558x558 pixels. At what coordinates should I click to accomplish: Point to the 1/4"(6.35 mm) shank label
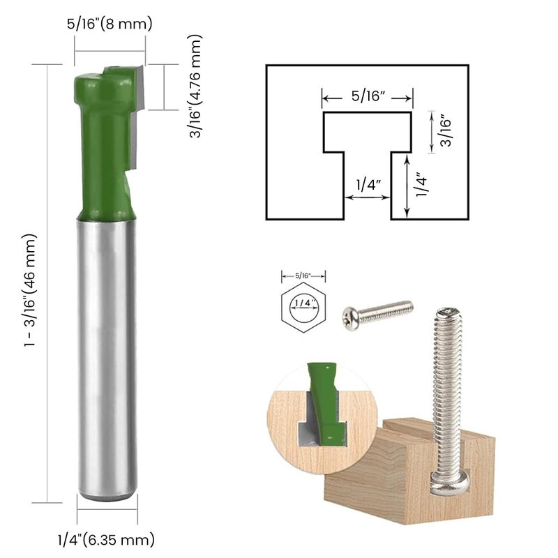coord(106,539)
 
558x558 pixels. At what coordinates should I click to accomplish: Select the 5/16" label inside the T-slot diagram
coord(368,96)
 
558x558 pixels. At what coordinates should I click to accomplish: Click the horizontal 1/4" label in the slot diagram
coord(367,185)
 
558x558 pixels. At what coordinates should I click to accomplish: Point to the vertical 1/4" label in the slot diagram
coord(421,186)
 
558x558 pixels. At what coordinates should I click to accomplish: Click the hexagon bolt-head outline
coord(303,305)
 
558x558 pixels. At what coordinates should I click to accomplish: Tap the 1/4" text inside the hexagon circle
coord(303,304)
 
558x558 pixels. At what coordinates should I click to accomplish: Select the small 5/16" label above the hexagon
coord(303,276)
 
